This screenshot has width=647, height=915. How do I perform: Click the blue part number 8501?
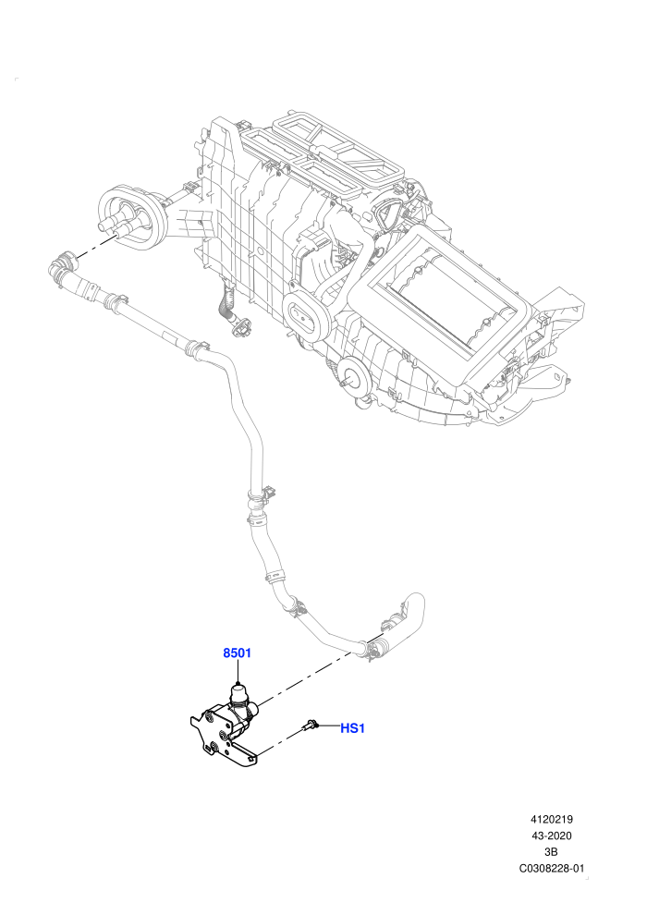pyautogui.click(x=237, y=653)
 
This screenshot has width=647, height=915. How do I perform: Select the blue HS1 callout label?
pyautogui.click(x=352, y=728)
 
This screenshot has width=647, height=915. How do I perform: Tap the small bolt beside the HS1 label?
pyautogui.click(x=310, y=725)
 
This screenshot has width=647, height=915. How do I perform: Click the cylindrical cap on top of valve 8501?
pyautogui.click(x=238, y=693)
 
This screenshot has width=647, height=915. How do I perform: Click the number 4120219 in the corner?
pyautogui.click(x=551, y=819)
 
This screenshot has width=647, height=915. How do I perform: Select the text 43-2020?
pyautogui.click(x=551, y=836)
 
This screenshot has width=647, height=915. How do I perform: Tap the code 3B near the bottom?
pyautogui.click(x=551, y=852)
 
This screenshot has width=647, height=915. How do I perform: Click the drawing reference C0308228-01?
pyautogui.click(x=551, y=868)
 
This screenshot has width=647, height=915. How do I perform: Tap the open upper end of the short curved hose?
pyautogui.click(x=413, y=601)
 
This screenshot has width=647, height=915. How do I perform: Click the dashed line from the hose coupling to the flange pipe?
pyautogui.click(x=92, y=246)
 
